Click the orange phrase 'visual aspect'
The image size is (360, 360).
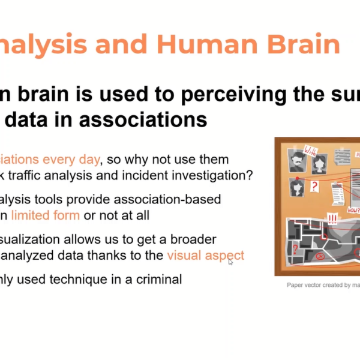click(x=205, y=255)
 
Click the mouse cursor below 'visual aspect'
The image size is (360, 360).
click(x=230, y=262)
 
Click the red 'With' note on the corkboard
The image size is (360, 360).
click(x=311, y=149)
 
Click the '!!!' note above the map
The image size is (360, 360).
click(x=331, y=218)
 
